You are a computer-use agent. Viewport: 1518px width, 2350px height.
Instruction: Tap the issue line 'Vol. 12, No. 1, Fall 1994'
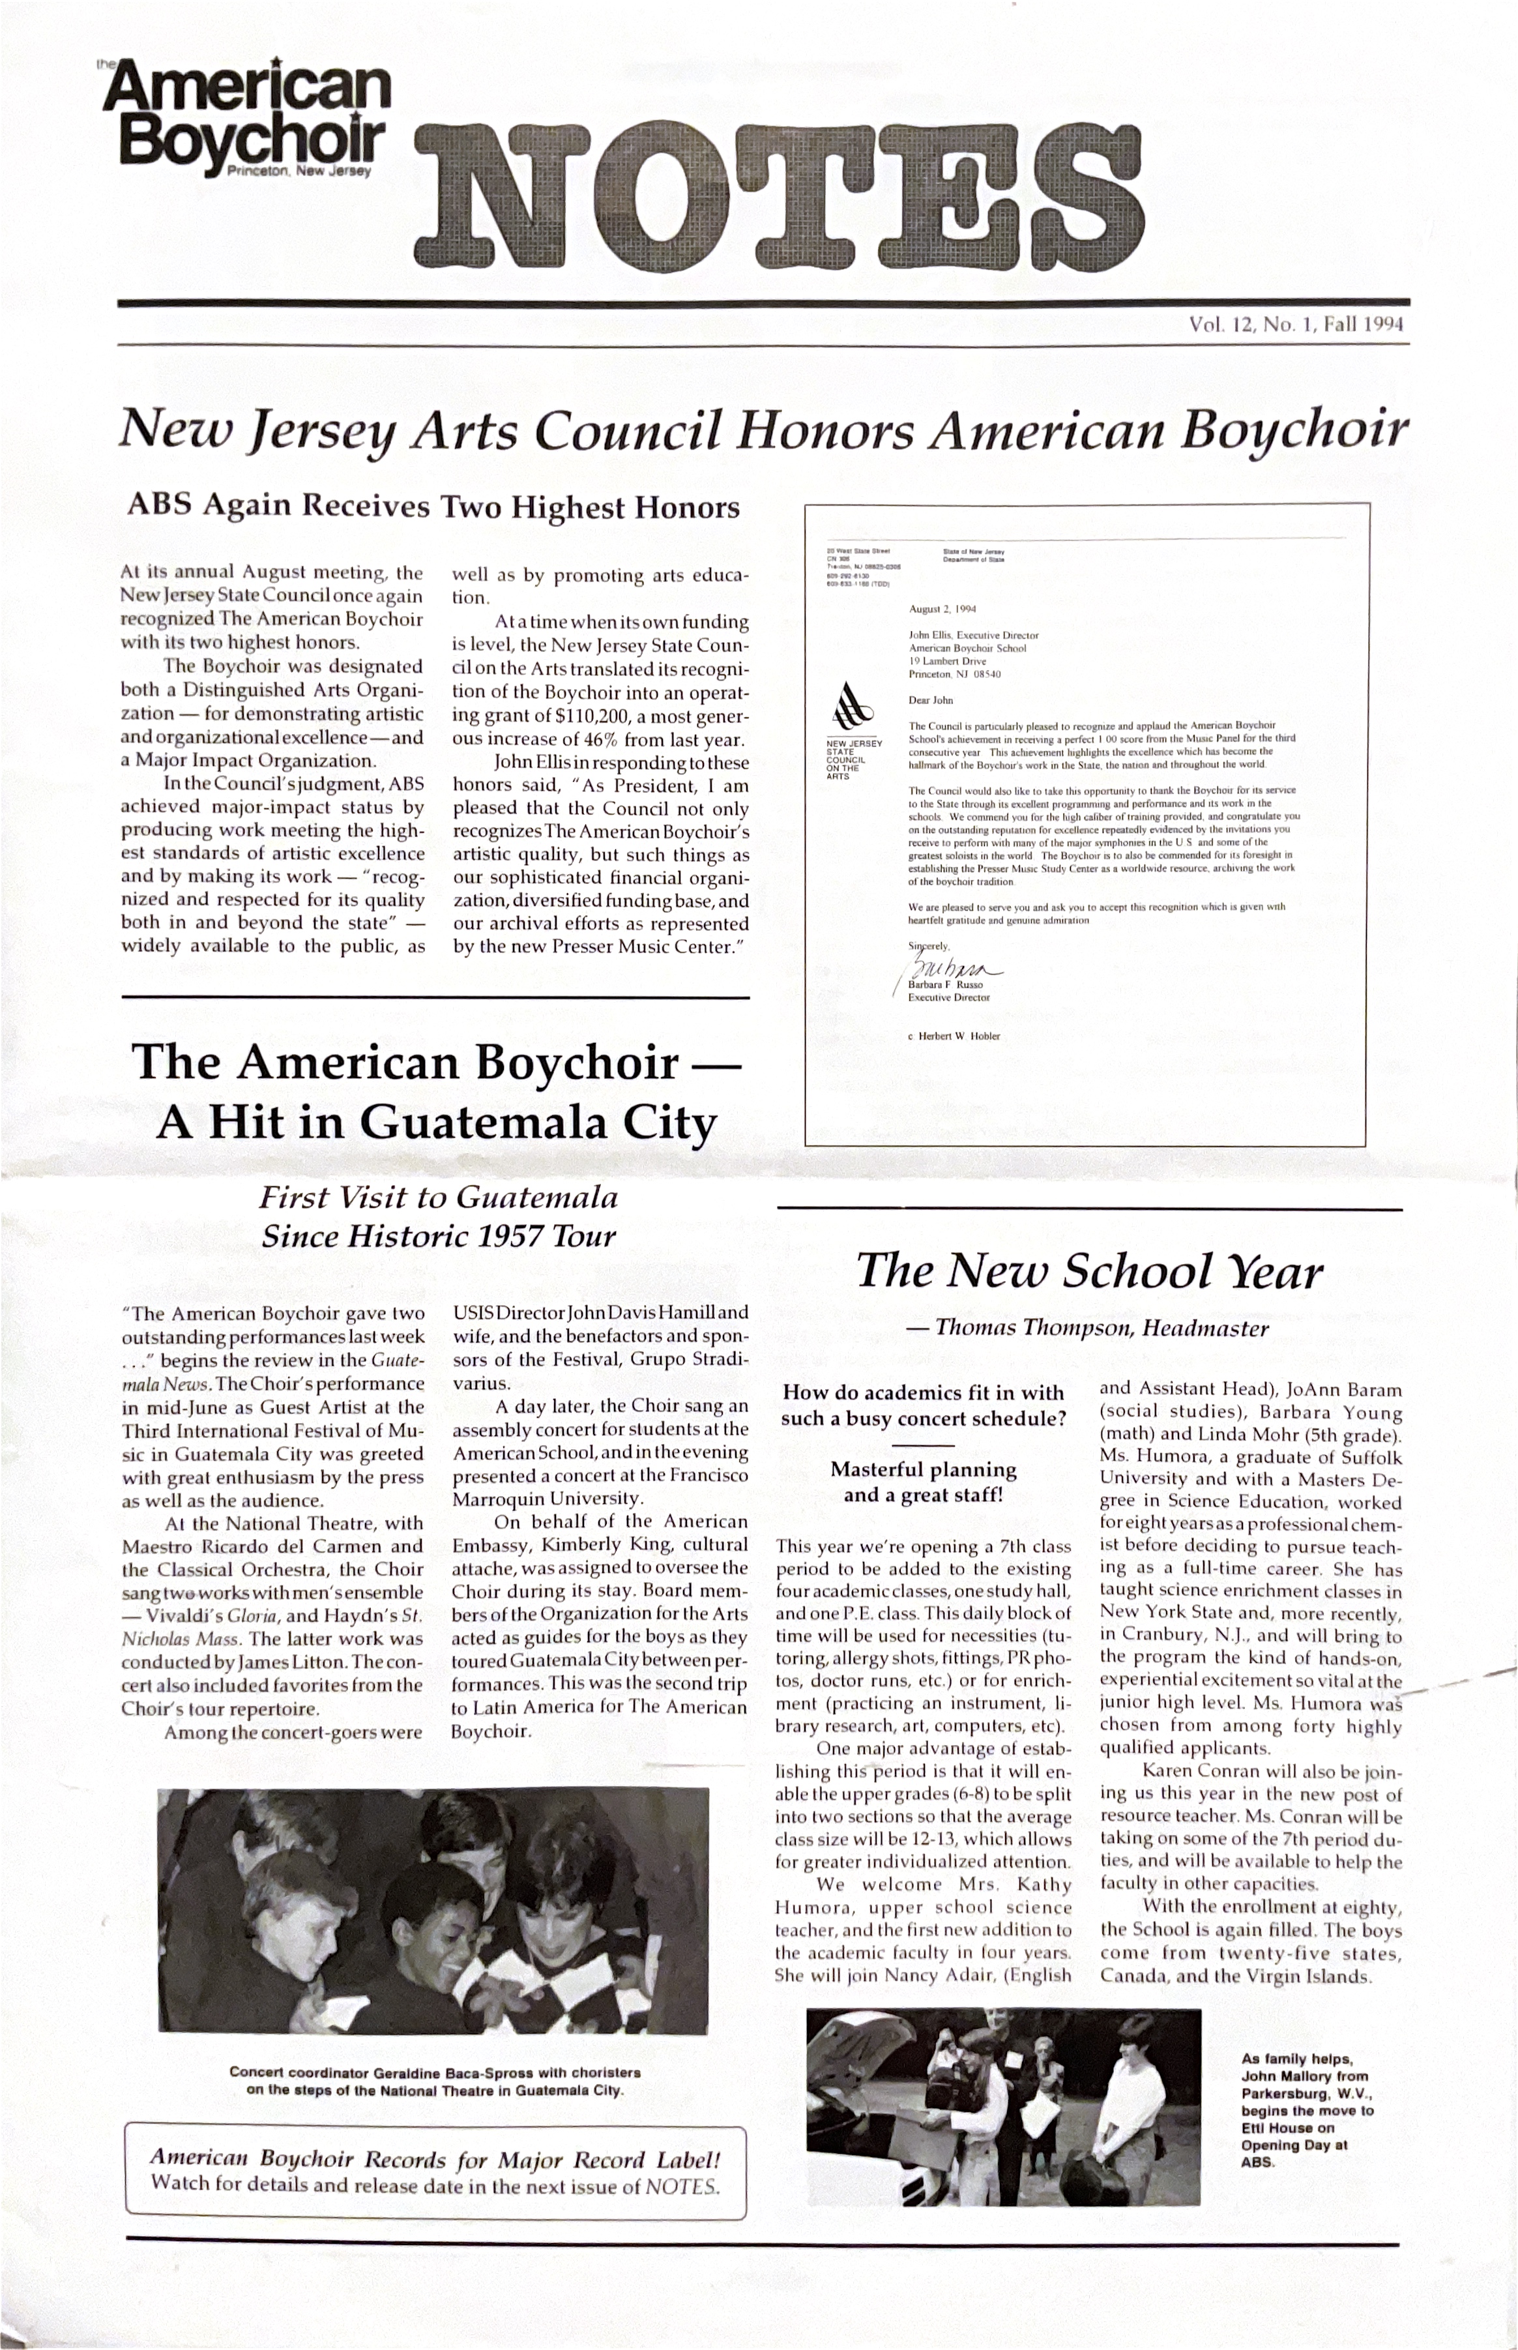click(1296, 323)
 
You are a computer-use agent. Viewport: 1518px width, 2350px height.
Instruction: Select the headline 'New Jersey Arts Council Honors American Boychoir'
click(762, 430)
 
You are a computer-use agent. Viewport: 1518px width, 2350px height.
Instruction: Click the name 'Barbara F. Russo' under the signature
click(945, 984)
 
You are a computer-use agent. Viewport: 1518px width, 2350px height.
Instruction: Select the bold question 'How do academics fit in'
click(923, 1393)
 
